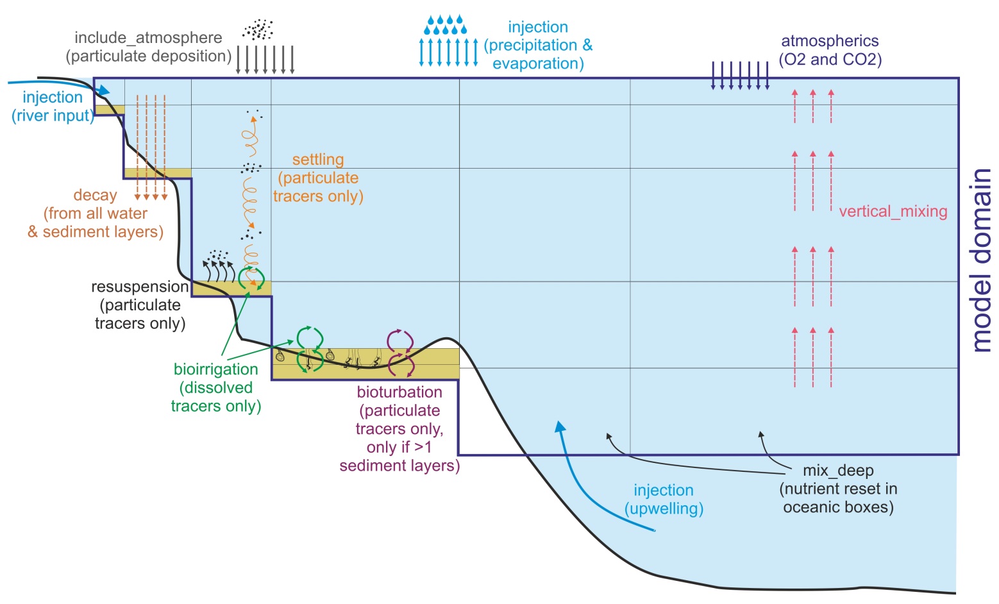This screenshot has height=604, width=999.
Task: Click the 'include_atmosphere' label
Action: (x=148, y=38)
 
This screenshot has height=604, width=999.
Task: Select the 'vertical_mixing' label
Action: (x=893, y=212)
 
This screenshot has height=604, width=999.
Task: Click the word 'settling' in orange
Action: (x=318, y=160)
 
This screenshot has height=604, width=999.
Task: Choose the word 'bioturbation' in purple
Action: (x=399, y=392)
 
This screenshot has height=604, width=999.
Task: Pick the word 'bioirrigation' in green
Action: (x=216, y=369)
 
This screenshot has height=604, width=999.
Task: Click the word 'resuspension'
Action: (x=140, y=287)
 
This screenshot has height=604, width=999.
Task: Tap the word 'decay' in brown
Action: (x=95, y=195)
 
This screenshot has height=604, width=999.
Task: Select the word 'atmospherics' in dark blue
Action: (x=830, y=41)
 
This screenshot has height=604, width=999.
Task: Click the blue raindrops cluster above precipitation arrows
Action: (x=446, y=25)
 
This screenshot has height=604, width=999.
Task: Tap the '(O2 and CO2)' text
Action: (x=830, y=60)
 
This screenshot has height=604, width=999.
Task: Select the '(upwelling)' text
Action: (x=664, y=508)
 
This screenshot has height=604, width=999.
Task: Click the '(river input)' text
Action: (x=53, y=116)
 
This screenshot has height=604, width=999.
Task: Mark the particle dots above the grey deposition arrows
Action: (x=258, y=29)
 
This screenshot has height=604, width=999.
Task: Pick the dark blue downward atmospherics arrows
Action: (x=740, y=76)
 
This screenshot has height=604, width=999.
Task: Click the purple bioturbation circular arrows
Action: (x=401, y=353)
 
